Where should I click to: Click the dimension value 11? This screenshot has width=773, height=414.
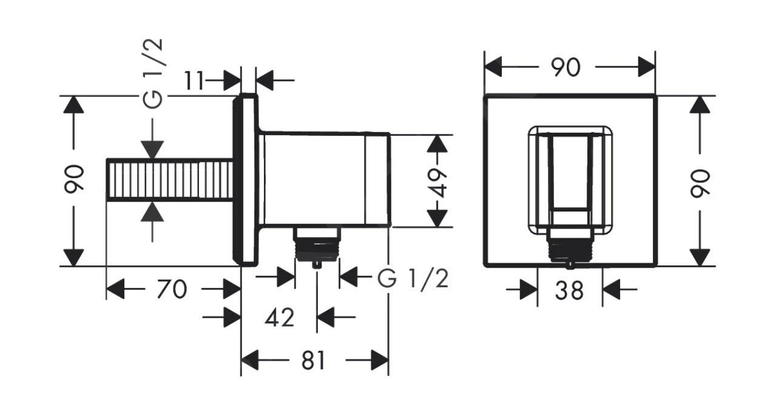click(x=195, y=81)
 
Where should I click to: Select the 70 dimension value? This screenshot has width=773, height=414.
click(x=171, y=290)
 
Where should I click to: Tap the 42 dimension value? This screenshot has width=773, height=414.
click(x=280, y=316)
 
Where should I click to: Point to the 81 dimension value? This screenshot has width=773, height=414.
click(x=313, y=361)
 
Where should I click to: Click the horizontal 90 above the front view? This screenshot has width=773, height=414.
click(x=565, y=67)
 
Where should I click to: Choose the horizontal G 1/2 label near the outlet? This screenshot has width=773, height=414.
click(x=413, y=279)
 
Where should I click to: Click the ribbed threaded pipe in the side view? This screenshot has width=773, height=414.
click(x=169, y=181)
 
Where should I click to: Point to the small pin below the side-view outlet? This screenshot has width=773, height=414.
click(x=316, y=264)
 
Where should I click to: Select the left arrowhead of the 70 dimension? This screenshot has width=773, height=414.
click(x=115, y=290)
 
